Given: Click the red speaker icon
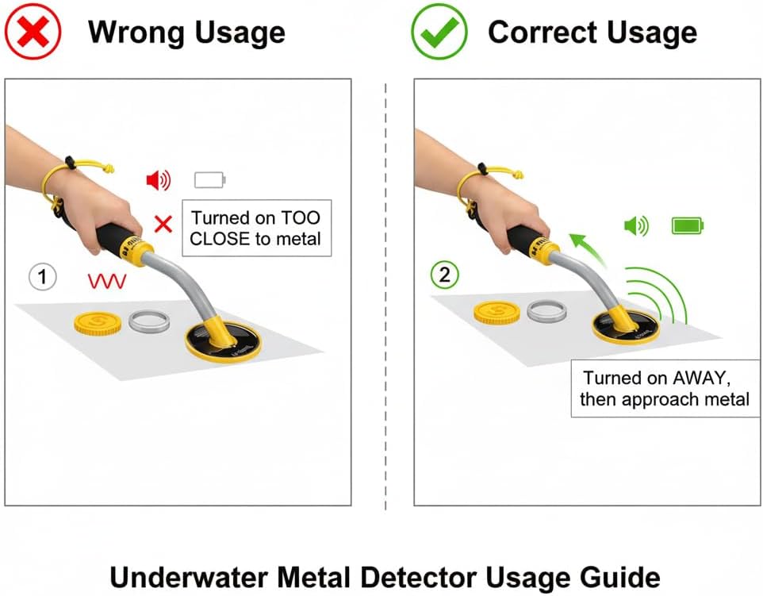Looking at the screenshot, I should [158, 181].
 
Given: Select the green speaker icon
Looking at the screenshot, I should [635, 227].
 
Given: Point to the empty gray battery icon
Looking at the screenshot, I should [209, 180].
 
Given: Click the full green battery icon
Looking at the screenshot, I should [687, 226].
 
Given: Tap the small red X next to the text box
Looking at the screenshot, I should [163, 224].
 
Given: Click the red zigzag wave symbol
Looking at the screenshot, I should [106, 280].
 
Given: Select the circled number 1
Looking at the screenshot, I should [43, 277].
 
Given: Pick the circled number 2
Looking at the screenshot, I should [444, 275].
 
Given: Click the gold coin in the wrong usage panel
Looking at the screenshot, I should [98, 322].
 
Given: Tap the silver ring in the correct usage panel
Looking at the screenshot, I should [546, 311].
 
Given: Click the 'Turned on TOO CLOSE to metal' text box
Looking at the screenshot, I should [256, 228].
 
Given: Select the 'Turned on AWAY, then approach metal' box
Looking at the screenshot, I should [664, 388].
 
